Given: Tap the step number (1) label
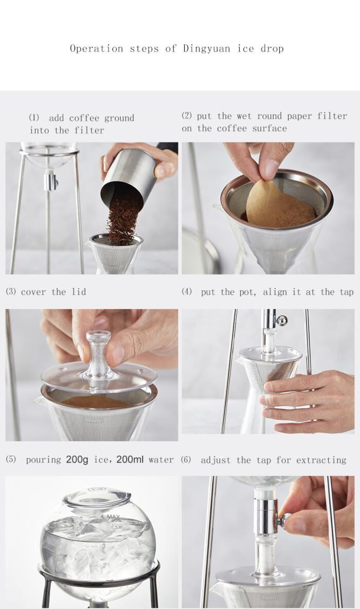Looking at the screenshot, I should click(34, 118).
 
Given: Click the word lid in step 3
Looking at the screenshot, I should click(78, 292).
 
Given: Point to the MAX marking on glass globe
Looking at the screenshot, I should click(113, 516).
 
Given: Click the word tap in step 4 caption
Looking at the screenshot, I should click(346, 292).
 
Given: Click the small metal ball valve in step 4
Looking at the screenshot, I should click(281, 320).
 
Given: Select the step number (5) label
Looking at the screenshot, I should click(11, 459).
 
